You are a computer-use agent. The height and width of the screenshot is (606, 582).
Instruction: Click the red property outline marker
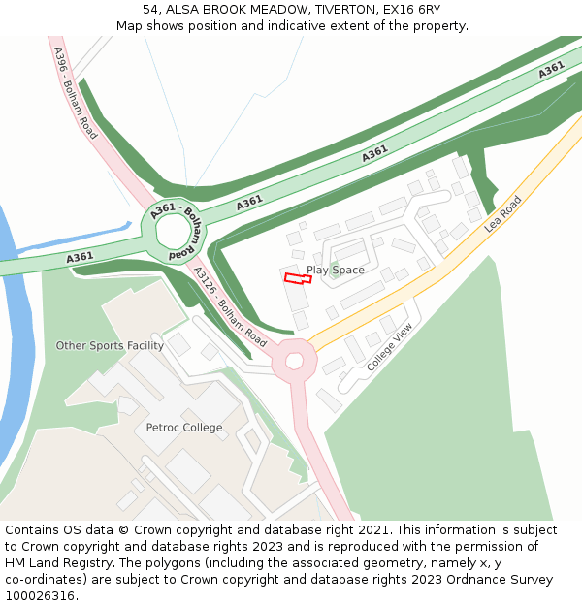(x=298, y=278)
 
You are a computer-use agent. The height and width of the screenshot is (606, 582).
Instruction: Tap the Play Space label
(x=336, y=270)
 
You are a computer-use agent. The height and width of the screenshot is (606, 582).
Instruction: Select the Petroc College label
(x=184, y=428)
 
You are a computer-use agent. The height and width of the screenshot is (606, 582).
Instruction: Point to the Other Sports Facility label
(x=110, y=345)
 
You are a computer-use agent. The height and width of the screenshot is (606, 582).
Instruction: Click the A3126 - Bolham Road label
(x=230, y=307)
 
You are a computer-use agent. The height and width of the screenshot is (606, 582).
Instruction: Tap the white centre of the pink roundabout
(x=295, y=362)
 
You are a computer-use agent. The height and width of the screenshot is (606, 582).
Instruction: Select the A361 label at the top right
(x=551, y=70)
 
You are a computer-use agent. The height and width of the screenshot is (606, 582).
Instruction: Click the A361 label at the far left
(x=80, y=257)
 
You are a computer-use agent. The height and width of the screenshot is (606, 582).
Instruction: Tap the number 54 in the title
(x=151, y=9)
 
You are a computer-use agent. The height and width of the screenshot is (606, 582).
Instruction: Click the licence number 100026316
(x=41, y=595)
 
